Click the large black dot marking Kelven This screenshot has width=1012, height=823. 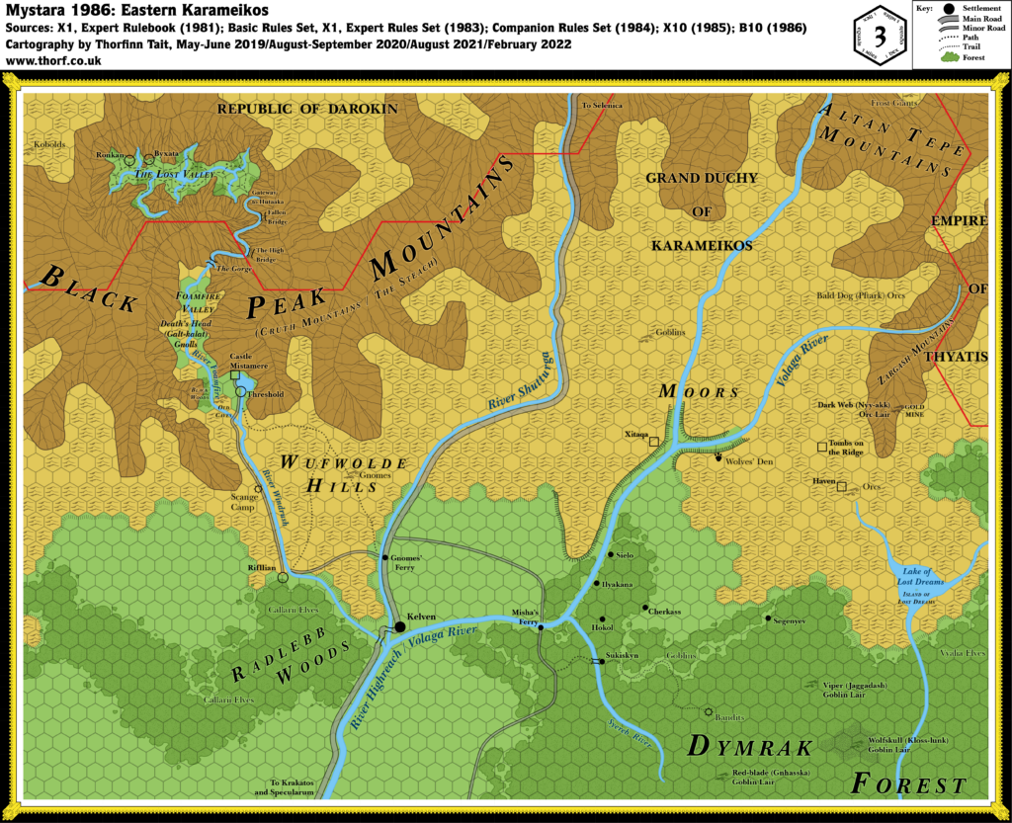(x=400, y=626)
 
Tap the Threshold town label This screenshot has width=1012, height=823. (x=267, y=393)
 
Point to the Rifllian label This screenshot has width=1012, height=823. (x=262, y=568)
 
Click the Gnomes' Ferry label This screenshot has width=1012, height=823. (x=402, y=559)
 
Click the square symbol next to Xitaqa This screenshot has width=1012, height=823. (x=653, y=443)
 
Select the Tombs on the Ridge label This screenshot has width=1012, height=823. (x=847, y=449)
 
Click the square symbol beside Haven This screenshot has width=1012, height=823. (x=842, y=486)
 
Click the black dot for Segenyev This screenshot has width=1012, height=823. (x=767, y=618)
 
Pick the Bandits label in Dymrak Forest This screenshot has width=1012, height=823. (x=727, y=716)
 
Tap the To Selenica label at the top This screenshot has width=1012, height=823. (x=600, y=104)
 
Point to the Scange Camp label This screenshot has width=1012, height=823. (x=244, y=502)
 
